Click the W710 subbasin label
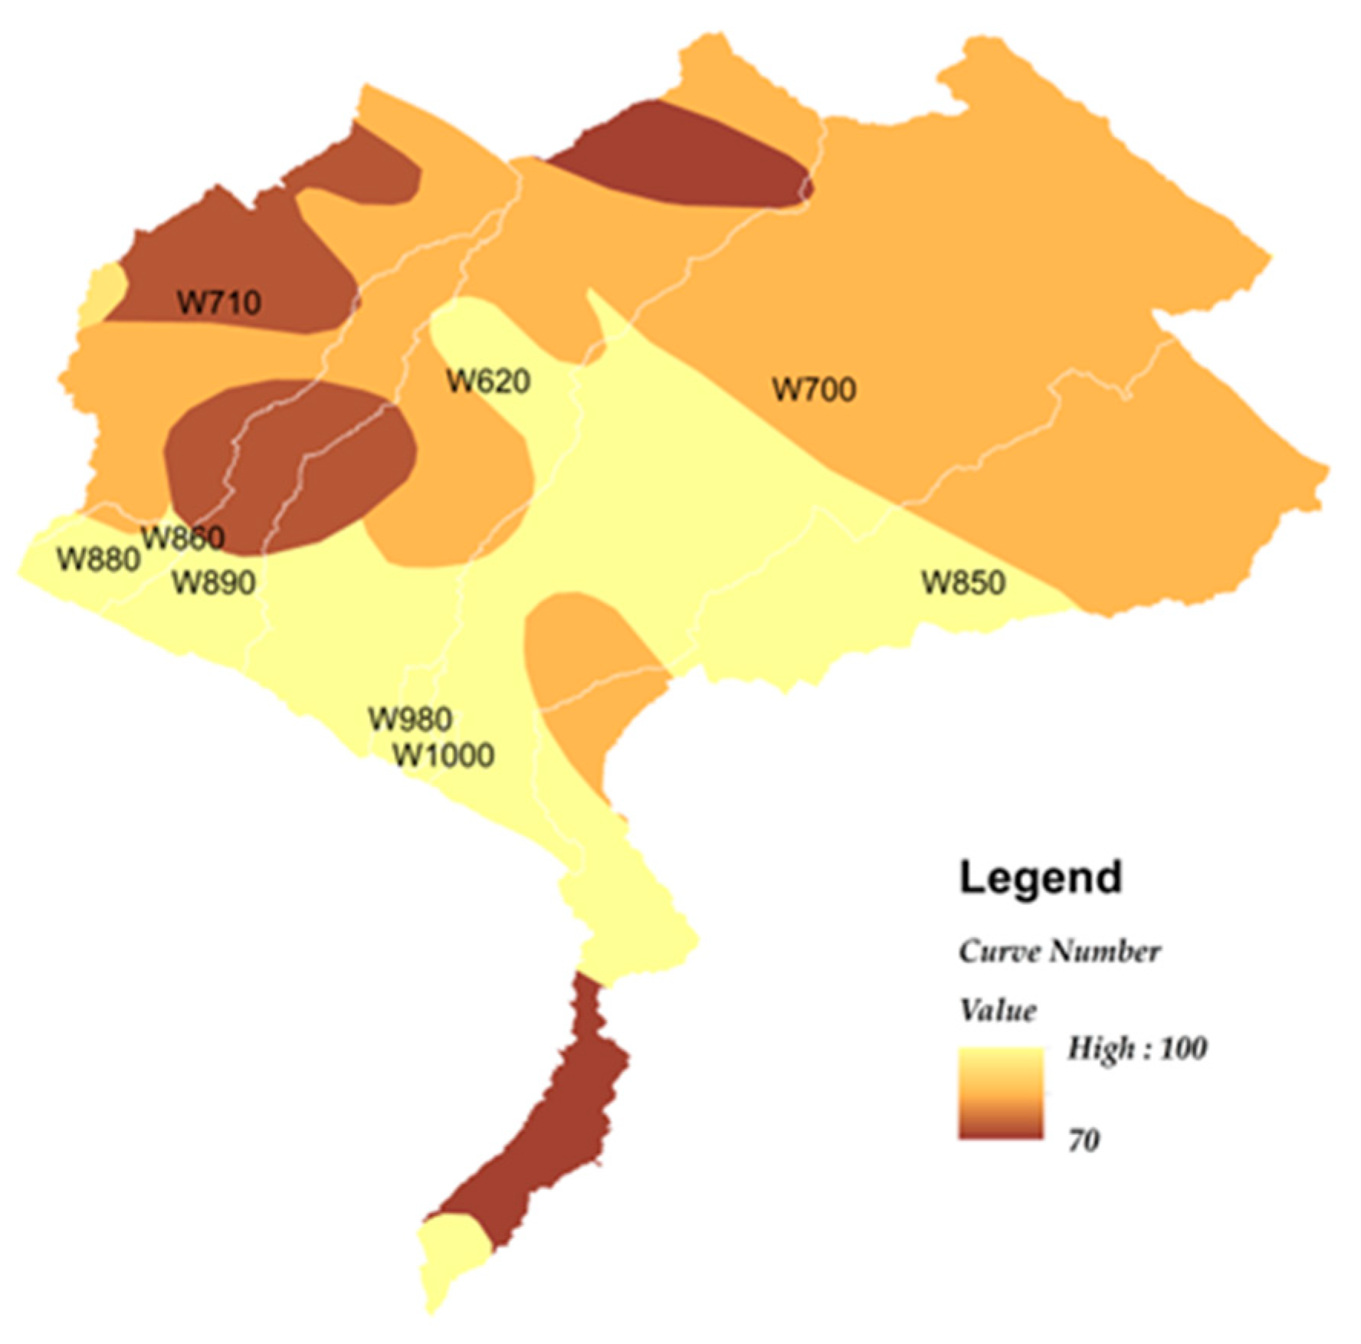tap(219, 303)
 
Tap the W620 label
tap(488, 381)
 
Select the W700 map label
tap(814, 389)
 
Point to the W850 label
tap(963, 582)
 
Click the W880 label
tap(98, 559)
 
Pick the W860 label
tap(183, 537)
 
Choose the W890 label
tap(214, 582)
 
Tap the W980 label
tap(410, 719)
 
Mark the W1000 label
tap(444, 756)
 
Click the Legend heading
tap(1041, 877)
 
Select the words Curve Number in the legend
tap(1059, 952)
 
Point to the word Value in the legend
tap(998, 1011)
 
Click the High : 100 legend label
tap(1137, 1048)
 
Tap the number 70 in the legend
tap(1084, 1141)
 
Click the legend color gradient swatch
tap(1001, 1093)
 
